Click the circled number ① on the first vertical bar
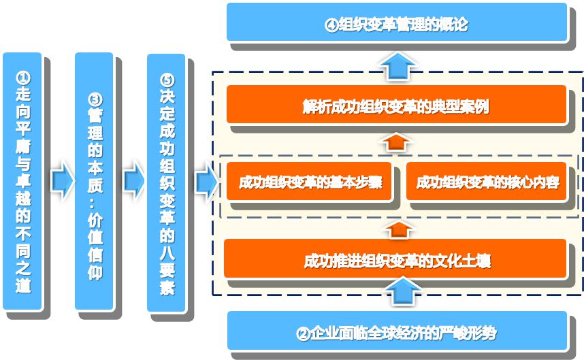(23, 78)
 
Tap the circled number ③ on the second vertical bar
(95, 99)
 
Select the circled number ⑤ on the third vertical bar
(167, 80)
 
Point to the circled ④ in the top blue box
(331, 25)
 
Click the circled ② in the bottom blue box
(303, 333)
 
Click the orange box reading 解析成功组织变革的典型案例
(396, 104)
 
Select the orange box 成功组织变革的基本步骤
(309, 181)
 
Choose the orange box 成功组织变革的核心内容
(487, 181)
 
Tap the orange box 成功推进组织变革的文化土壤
(395, 259)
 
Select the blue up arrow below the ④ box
(398, 66)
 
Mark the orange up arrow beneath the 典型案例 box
(396, 142)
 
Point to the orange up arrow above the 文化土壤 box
(398, 230)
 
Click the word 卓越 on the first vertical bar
(23, 189)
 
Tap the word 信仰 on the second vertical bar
(95, 265)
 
